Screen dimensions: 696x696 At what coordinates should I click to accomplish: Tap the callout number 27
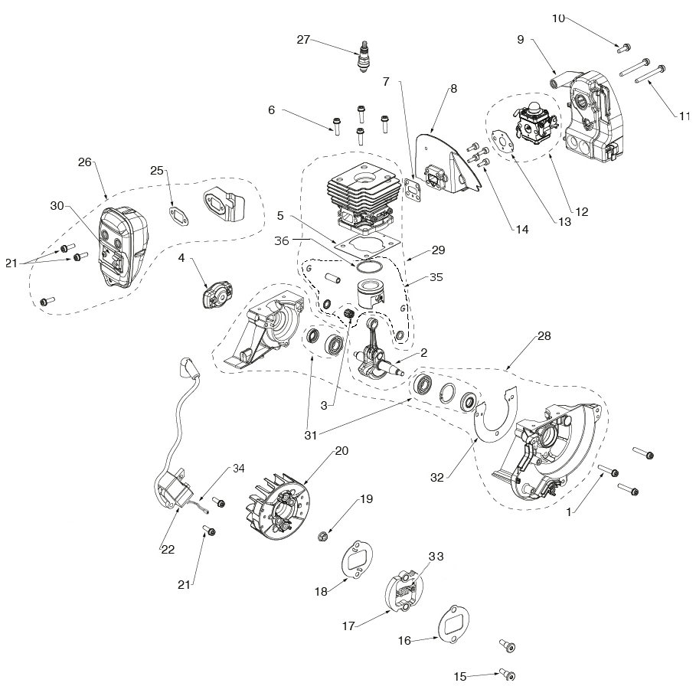point(303,40)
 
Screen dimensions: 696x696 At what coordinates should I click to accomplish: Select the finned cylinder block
point(363,198)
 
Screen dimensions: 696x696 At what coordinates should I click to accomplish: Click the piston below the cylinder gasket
point(369,295)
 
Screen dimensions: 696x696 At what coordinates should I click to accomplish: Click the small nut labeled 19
point(323,534)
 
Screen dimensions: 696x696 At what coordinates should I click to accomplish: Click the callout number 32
point(437,477)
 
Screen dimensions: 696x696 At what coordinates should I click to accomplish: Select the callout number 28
point(523,336)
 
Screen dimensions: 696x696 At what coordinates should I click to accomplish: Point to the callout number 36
point(282,240)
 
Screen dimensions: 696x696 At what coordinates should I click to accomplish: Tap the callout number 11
point(685,116)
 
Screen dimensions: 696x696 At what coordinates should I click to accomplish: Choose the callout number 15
point(459,676)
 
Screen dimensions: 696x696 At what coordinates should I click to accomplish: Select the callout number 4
point(181,259)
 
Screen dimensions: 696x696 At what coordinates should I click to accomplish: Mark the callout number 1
point(568,514)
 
